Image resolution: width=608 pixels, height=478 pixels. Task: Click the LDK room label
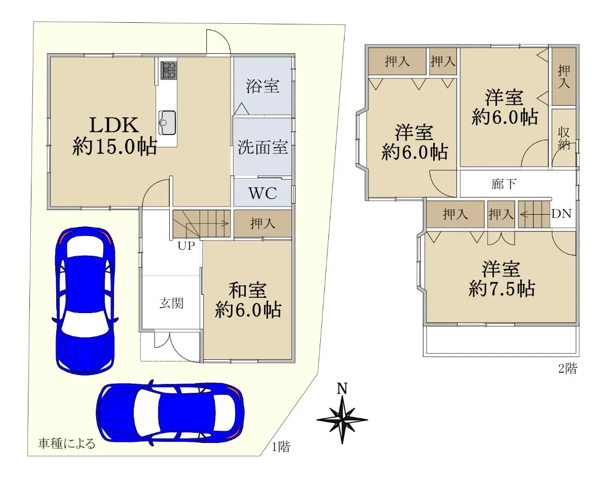pyautogui.click(x=114, y=136)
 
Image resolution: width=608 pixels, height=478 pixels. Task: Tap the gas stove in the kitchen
pyautogui.click(x=168, y=70)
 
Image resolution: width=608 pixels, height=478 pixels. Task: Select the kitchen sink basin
pyautogui.click(x=167, y=123)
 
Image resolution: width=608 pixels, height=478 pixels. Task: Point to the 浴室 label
pyautogui.click(x=262, y=86)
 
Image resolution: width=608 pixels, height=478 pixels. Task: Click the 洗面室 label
pyautogui.click(x=262, y=147)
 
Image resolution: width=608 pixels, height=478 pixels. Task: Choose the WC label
pyautogui.click(x=263, y=193)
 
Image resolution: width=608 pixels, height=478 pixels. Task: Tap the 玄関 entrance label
pyautogui.click(x=171, y=303)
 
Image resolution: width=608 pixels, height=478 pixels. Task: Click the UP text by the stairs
pyautogui.click(x=186, y=246)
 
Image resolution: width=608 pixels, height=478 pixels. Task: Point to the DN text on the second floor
pyautogui.click(x=561, y=214)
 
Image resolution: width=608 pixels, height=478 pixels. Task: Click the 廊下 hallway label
pyautogui.click(x=504, y=184)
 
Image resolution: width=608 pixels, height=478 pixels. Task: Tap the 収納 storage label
pyautogui.click(x=564, y=138)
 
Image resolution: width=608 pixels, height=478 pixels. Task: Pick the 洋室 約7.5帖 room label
pyautogui.click(x=502, y=279)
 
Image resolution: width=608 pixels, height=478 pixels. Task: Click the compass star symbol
pyautogui.click(x=342, y=419)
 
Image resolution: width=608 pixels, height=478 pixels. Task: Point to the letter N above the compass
pyautogui.click(x=342, y=388)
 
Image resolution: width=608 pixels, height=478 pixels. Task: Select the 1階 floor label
pyautogui.click(x=281, y=447)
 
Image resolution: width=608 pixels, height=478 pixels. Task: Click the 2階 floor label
pyautogui.click(x=567, y=368)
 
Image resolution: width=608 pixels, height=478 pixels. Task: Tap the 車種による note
pyautogui.click(x=66, y=443)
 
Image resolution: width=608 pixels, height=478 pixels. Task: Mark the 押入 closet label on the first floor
pyautogui.click(x=262, y=223)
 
